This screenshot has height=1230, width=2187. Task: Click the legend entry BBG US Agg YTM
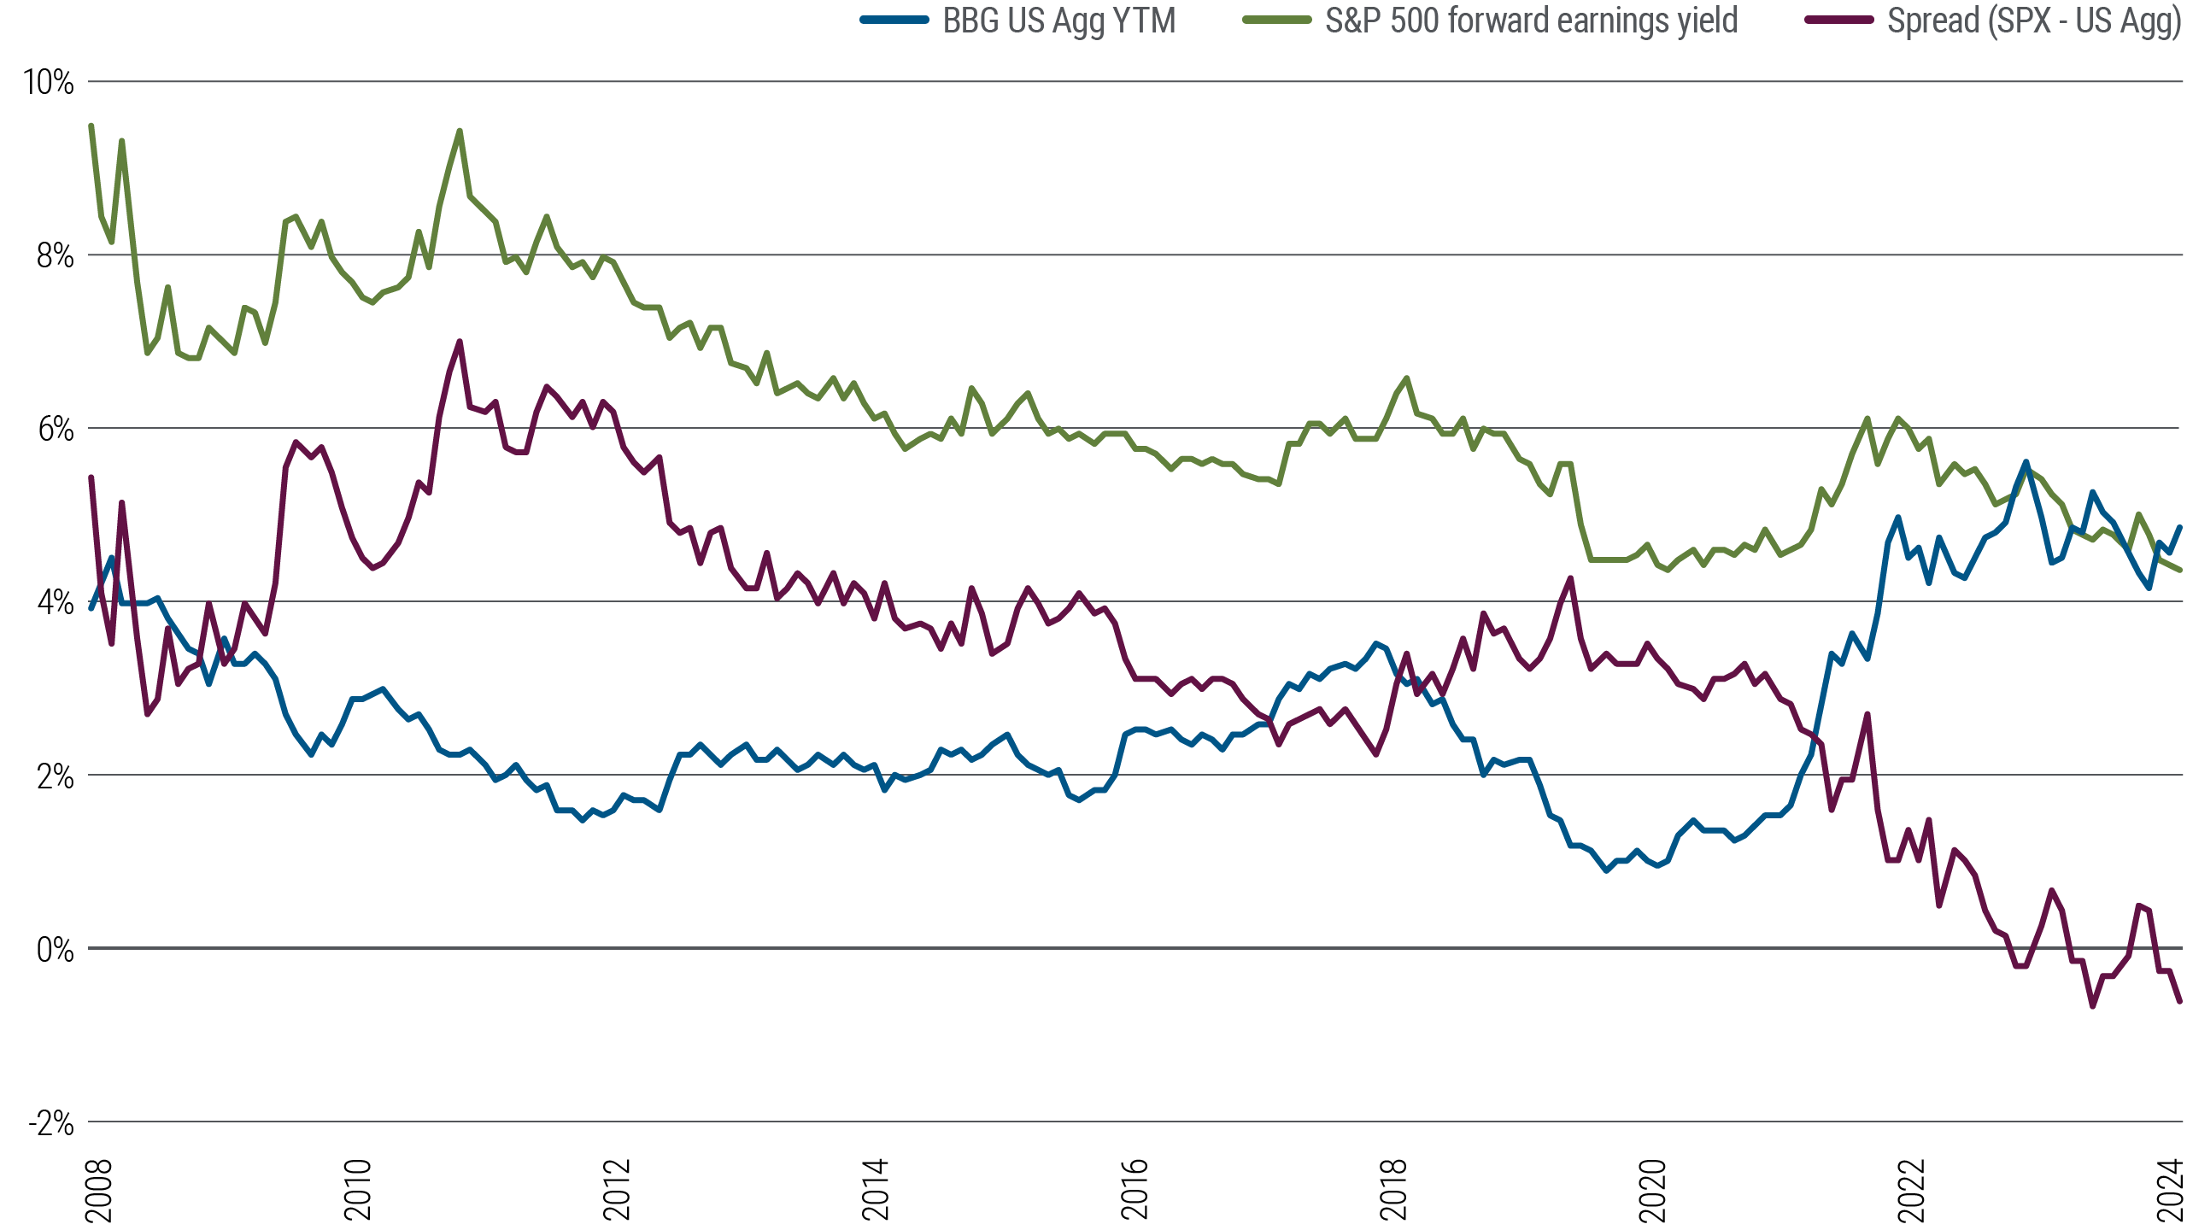point(1058,20)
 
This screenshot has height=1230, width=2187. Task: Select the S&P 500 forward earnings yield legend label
point(1531,20)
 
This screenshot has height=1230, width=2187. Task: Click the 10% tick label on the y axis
point(49,82)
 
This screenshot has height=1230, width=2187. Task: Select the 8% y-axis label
point(55,255)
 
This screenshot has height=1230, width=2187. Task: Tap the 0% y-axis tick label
point(55,949)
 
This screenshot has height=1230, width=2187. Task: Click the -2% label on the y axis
point(51,1122)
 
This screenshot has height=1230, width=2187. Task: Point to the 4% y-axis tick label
point(55,602)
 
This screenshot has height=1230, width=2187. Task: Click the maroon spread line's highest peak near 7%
point(460,342)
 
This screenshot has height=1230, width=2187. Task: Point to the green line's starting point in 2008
point(91,126)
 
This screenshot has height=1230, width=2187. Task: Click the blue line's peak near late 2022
point(2025,462)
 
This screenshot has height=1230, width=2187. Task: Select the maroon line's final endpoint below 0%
point(2180,1001)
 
